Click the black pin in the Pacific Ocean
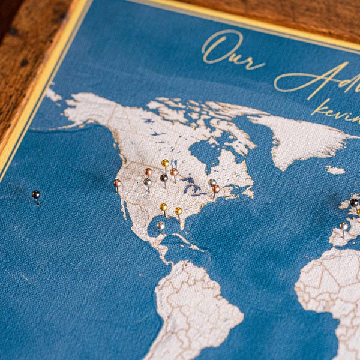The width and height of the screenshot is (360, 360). [36, 194]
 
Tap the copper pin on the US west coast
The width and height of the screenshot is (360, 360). [117, 183]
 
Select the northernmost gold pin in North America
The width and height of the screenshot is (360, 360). [165, 163]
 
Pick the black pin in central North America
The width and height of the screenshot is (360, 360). [164, 178]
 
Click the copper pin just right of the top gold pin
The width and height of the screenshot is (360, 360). [174, 172]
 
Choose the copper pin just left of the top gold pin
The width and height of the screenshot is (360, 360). [148, 172]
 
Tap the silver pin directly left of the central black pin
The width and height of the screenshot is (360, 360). [148, 181]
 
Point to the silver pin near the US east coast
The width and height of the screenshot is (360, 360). [212, 182]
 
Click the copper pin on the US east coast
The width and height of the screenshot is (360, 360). [216, 189]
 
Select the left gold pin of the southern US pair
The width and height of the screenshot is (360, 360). [163, 207]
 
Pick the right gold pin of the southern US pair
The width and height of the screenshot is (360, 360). [178, 211]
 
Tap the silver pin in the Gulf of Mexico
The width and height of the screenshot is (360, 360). [161, 226]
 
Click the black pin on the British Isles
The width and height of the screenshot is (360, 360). [354, 202]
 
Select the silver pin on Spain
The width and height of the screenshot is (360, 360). [344, 226]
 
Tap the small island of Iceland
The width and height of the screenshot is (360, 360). [335, 170]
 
